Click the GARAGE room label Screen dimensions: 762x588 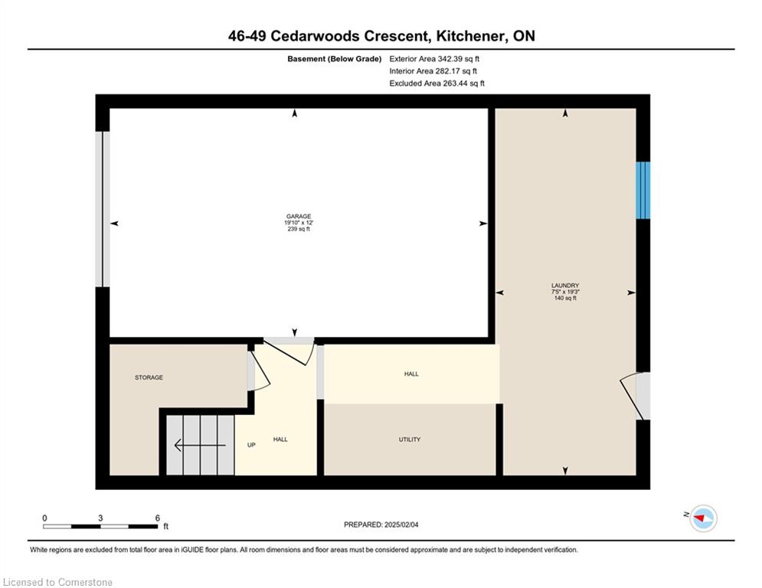(299, 216)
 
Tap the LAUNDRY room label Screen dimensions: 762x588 (565, 286)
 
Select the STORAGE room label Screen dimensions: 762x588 (149, 377)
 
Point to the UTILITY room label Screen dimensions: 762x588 (410, 439)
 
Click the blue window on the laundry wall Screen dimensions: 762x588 (643, 190)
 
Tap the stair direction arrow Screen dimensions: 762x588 (200, 445)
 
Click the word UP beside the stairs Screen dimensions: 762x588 (251, 445)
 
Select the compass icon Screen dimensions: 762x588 (703, 518)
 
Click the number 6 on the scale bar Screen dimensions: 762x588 (158, 518)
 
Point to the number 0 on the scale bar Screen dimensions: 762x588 (44, 518)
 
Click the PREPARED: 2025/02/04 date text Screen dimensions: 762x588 (381, 524)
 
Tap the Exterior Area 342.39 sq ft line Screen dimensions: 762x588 (434, 59)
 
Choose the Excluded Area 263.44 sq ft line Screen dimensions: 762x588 (437, 83)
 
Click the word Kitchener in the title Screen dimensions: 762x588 (470, 36)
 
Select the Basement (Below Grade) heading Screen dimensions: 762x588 (335, 59)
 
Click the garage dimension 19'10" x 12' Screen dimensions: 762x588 (299, 223)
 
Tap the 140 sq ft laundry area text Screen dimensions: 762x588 (565, 298)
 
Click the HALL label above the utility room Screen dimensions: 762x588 (411, 374)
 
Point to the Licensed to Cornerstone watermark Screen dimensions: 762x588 (57, 582)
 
